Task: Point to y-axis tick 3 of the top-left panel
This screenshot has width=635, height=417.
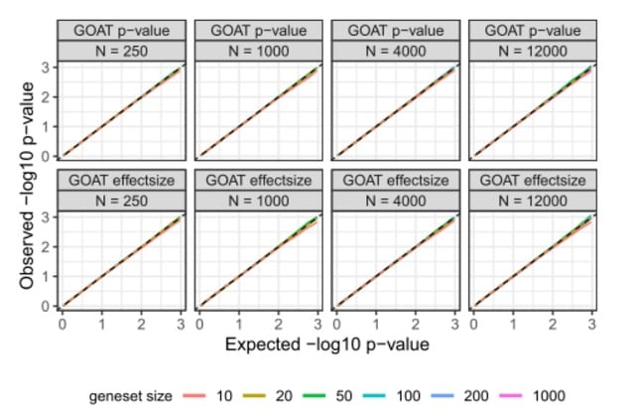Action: point(48,68)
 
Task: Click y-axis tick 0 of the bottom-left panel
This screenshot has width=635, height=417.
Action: point(48,306)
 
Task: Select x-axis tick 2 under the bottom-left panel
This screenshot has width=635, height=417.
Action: point(141,324)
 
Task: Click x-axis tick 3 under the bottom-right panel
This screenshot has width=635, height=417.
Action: point(591,324)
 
